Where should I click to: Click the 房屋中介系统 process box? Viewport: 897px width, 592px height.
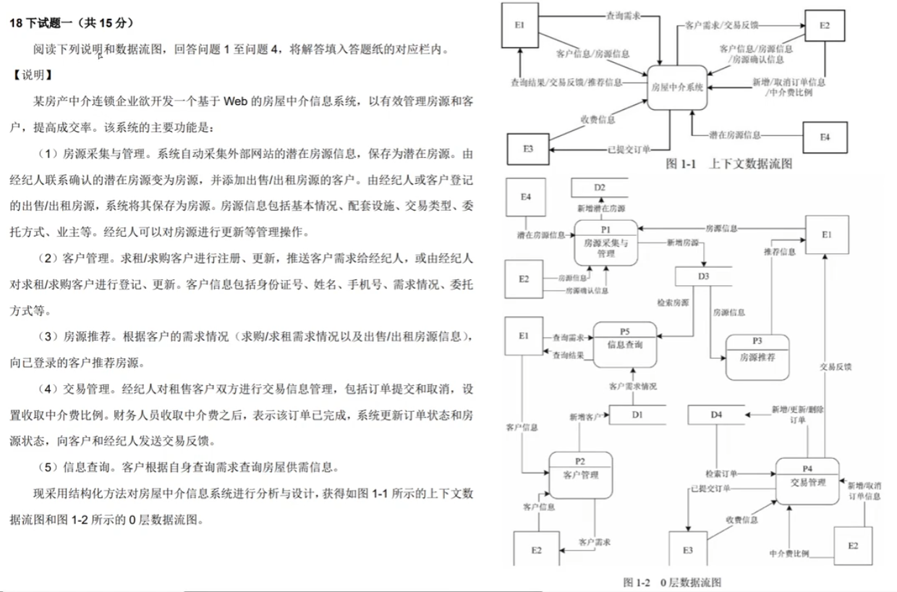point(676,87)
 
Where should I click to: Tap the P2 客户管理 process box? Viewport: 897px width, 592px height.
point(580,474)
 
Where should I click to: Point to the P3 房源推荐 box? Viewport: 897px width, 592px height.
point(757,357)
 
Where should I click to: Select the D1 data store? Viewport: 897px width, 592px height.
point(637,415)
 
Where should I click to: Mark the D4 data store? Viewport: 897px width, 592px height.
point(715,415)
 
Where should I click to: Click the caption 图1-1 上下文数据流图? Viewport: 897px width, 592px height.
point(728,164)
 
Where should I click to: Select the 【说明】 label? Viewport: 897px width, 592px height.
point(33,75)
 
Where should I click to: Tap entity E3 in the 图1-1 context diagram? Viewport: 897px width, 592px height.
point(528,148)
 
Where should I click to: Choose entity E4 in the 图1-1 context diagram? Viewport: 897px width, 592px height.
point(825,136)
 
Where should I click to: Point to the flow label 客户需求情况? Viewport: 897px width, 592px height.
point(633,387)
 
